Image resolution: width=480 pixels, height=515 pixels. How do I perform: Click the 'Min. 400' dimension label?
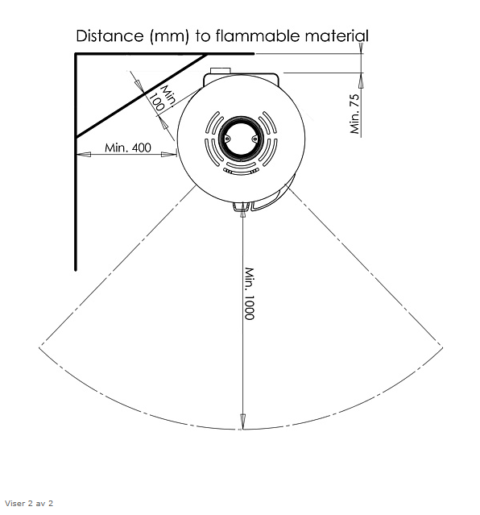pos(128,147)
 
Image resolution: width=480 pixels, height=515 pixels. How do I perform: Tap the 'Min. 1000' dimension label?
pos(250,293)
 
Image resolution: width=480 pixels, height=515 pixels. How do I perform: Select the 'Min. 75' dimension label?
pos(354,114)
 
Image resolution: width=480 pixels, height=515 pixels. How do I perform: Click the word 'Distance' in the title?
pos(110,35)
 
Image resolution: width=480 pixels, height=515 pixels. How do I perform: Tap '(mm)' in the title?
pos(169,36)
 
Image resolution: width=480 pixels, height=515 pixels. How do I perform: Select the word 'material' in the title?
pos(337,35)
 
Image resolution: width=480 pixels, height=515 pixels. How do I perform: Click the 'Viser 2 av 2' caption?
pos(29,503)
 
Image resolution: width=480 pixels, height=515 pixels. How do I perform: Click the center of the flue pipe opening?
pos(241,139)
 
